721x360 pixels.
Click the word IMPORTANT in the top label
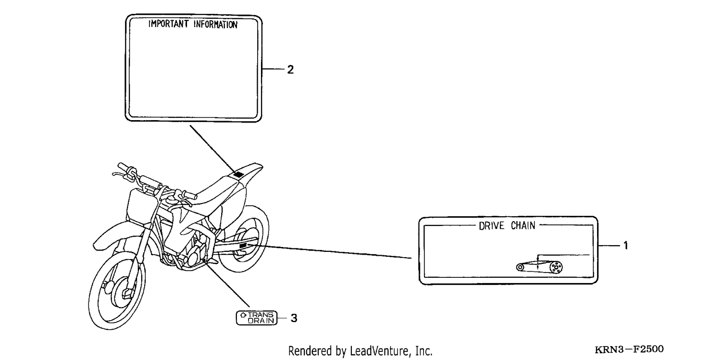point(168,24)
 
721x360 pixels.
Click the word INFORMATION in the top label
point(215,25)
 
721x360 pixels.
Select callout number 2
point(290,70)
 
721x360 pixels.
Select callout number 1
point(626,246)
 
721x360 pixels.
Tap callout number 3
point(294,318)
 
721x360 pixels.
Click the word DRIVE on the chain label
point(492,226)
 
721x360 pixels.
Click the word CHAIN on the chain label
point(523,225)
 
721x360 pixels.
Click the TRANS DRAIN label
point(257,318)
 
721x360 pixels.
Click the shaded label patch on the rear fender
point(239,174)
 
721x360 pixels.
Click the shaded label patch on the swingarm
point(243,246)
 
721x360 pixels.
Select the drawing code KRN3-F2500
point(629,349)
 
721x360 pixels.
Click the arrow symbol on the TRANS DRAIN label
point(243,315)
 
